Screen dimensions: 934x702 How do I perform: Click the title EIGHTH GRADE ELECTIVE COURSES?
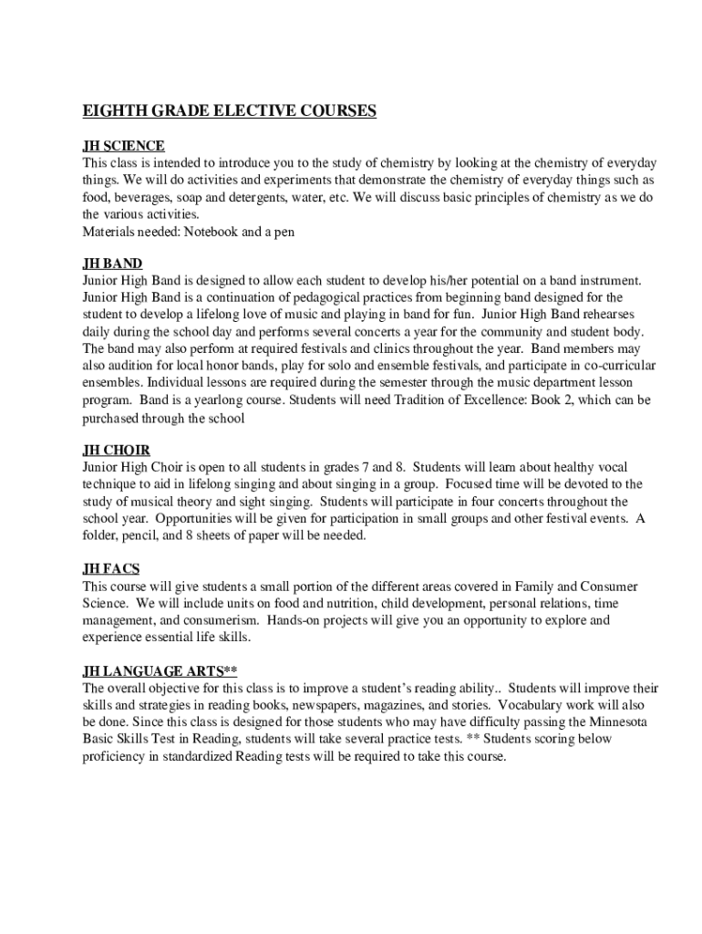point(230,111)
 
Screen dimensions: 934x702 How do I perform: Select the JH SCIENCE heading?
point(124,146)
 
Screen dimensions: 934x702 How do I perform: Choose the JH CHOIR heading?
point(117,451)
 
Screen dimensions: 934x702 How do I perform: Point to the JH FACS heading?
point(111,569)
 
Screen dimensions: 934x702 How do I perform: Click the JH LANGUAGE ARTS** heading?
point(160,671)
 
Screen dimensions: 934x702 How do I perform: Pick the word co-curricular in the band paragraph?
point(614,366)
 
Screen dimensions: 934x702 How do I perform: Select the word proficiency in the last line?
point(115,756)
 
